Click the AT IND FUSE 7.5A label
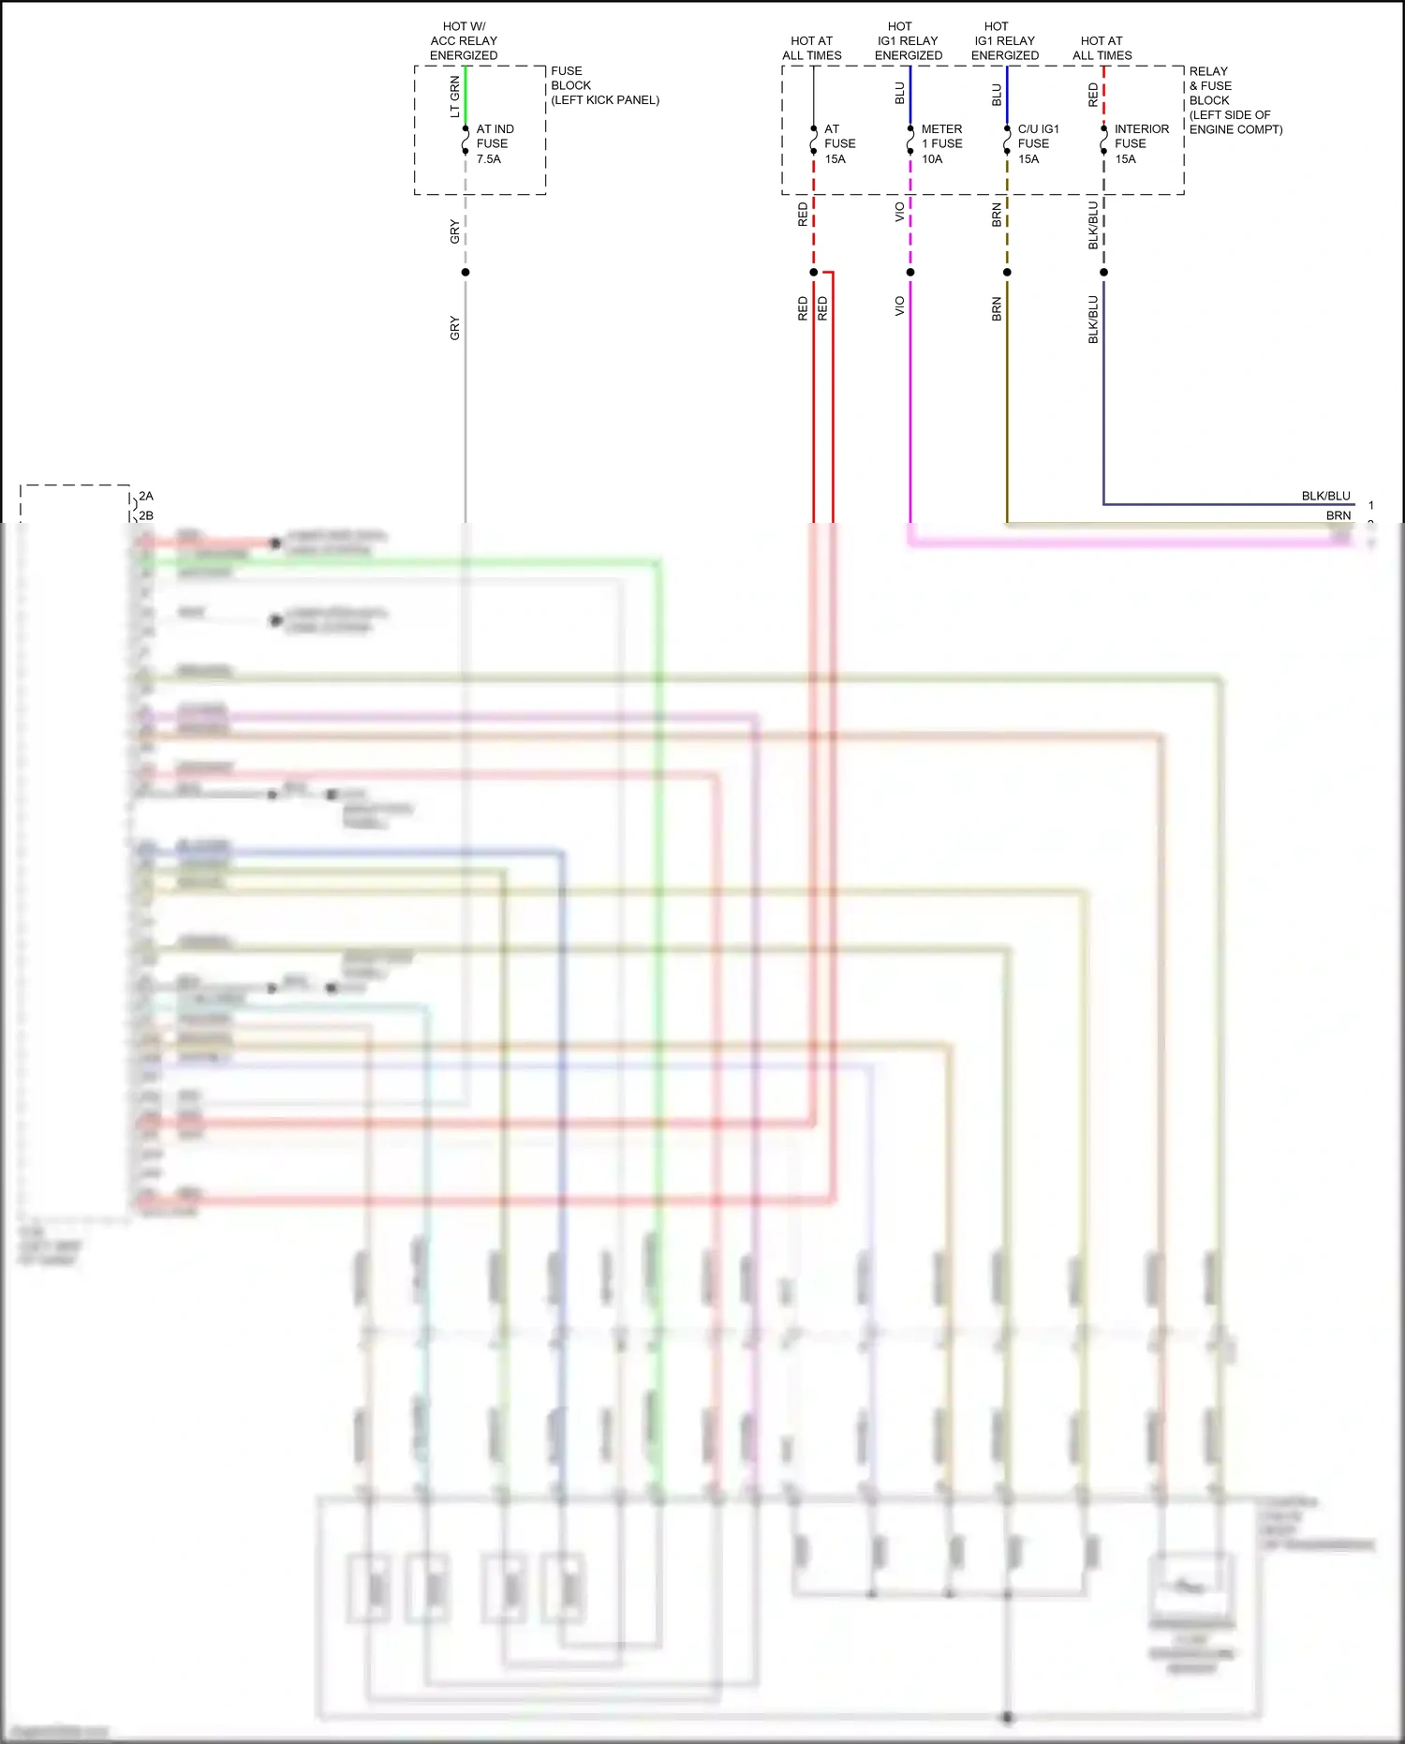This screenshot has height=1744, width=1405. [494, 143]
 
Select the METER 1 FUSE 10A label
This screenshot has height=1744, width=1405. [940, 143]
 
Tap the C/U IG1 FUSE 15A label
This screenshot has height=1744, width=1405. [1038, 143]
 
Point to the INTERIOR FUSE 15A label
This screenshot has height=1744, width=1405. [1141, 143]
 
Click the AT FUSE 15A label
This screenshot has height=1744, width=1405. [839, 143]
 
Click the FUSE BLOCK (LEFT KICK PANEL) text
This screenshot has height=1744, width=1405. [604, 85]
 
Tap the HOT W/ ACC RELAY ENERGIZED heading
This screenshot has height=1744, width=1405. [464, 41]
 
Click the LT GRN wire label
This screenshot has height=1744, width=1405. [455, 97]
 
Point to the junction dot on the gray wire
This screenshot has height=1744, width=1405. [466, 273]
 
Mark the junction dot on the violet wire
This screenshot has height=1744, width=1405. [910, 273]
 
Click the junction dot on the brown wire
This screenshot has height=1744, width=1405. [1007, 273]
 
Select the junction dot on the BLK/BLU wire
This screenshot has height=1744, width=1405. [1103, 273]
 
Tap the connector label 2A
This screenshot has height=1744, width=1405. [146, 497]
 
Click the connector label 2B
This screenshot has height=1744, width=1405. [146, 515]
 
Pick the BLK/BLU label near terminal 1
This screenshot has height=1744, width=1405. [1325, 496]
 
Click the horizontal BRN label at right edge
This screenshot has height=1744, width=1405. [1338, 515]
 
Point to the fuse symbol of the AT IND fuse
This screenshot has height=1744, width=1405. [466, 141]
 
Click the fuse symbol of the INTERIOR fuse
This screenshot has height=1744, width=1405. [1103, 141]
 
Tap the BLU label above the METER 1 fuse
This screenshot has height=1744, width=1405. [900, 94]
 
